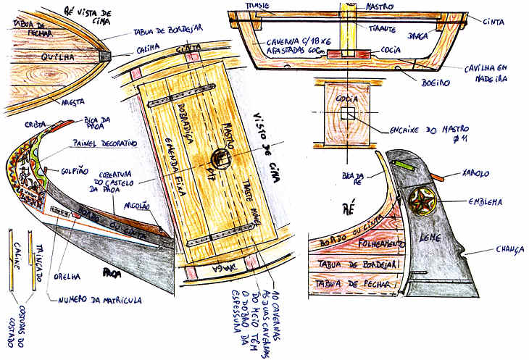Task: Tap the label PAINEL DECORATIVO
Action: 103,143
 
